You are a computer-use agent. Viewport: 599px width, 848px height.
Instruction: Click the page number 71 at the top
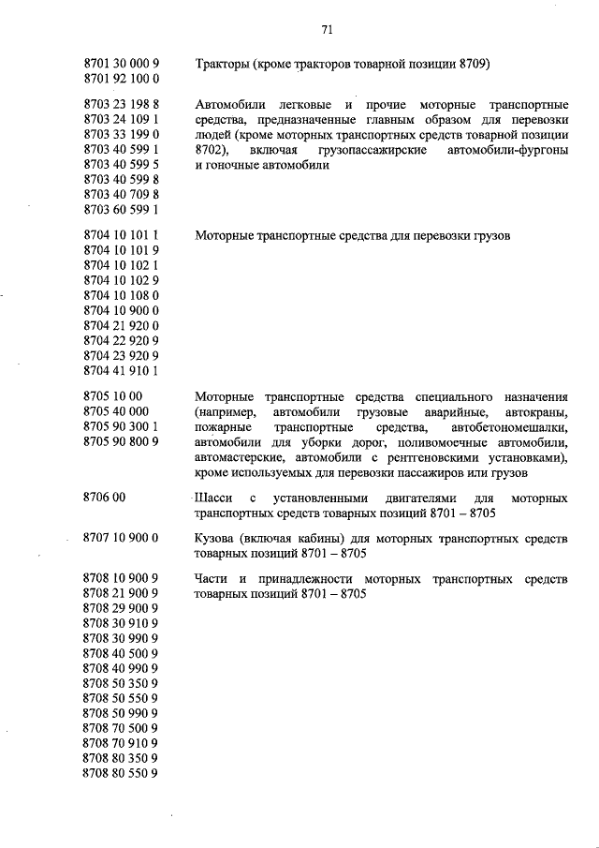click(x=328, y=29)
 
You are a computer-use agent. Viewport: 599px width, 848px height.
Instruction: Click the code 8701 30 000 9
click(x=121, y=65)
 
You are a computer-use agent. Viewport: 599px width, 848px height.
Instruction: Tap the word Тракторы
click(x=221, y=65)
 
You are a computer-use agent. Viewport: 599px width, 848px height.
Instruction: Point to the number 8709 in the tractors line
click(x=474, y=65)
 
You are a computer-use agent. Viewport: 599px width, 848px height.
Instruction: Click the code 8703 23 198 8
click(x=121, y=105)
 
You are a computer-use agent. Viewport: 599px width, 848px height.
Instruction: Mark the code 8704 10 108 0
click(x=121, y=295)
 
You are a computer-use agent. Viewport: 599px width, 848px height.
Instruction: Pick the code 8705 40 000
click(x=116, y=411)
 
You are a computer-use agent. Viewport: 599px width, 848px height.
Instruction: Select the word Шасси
click(x=213, y=498)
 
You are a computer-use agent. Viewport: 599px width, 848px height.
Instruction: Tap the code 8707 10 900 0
click(x=121, y=538)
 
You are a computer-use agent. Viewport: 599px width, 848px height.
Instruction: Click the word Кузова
click(x=217, y=539)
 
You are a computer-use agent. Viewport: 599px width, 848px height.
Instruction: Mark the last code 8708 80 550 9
click(x=121, y=773)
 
